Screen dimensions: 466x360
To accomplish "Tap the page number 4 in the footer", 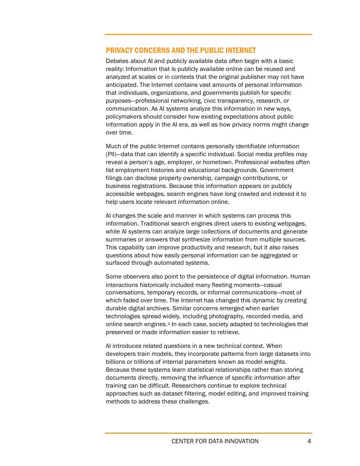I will click(x=309, y=441).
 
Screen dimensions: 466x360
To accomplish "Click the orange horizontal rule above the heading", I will click(x=208, y=34).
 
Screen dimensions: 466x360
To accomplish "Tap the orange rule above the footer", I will click(x=208, y=433).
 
